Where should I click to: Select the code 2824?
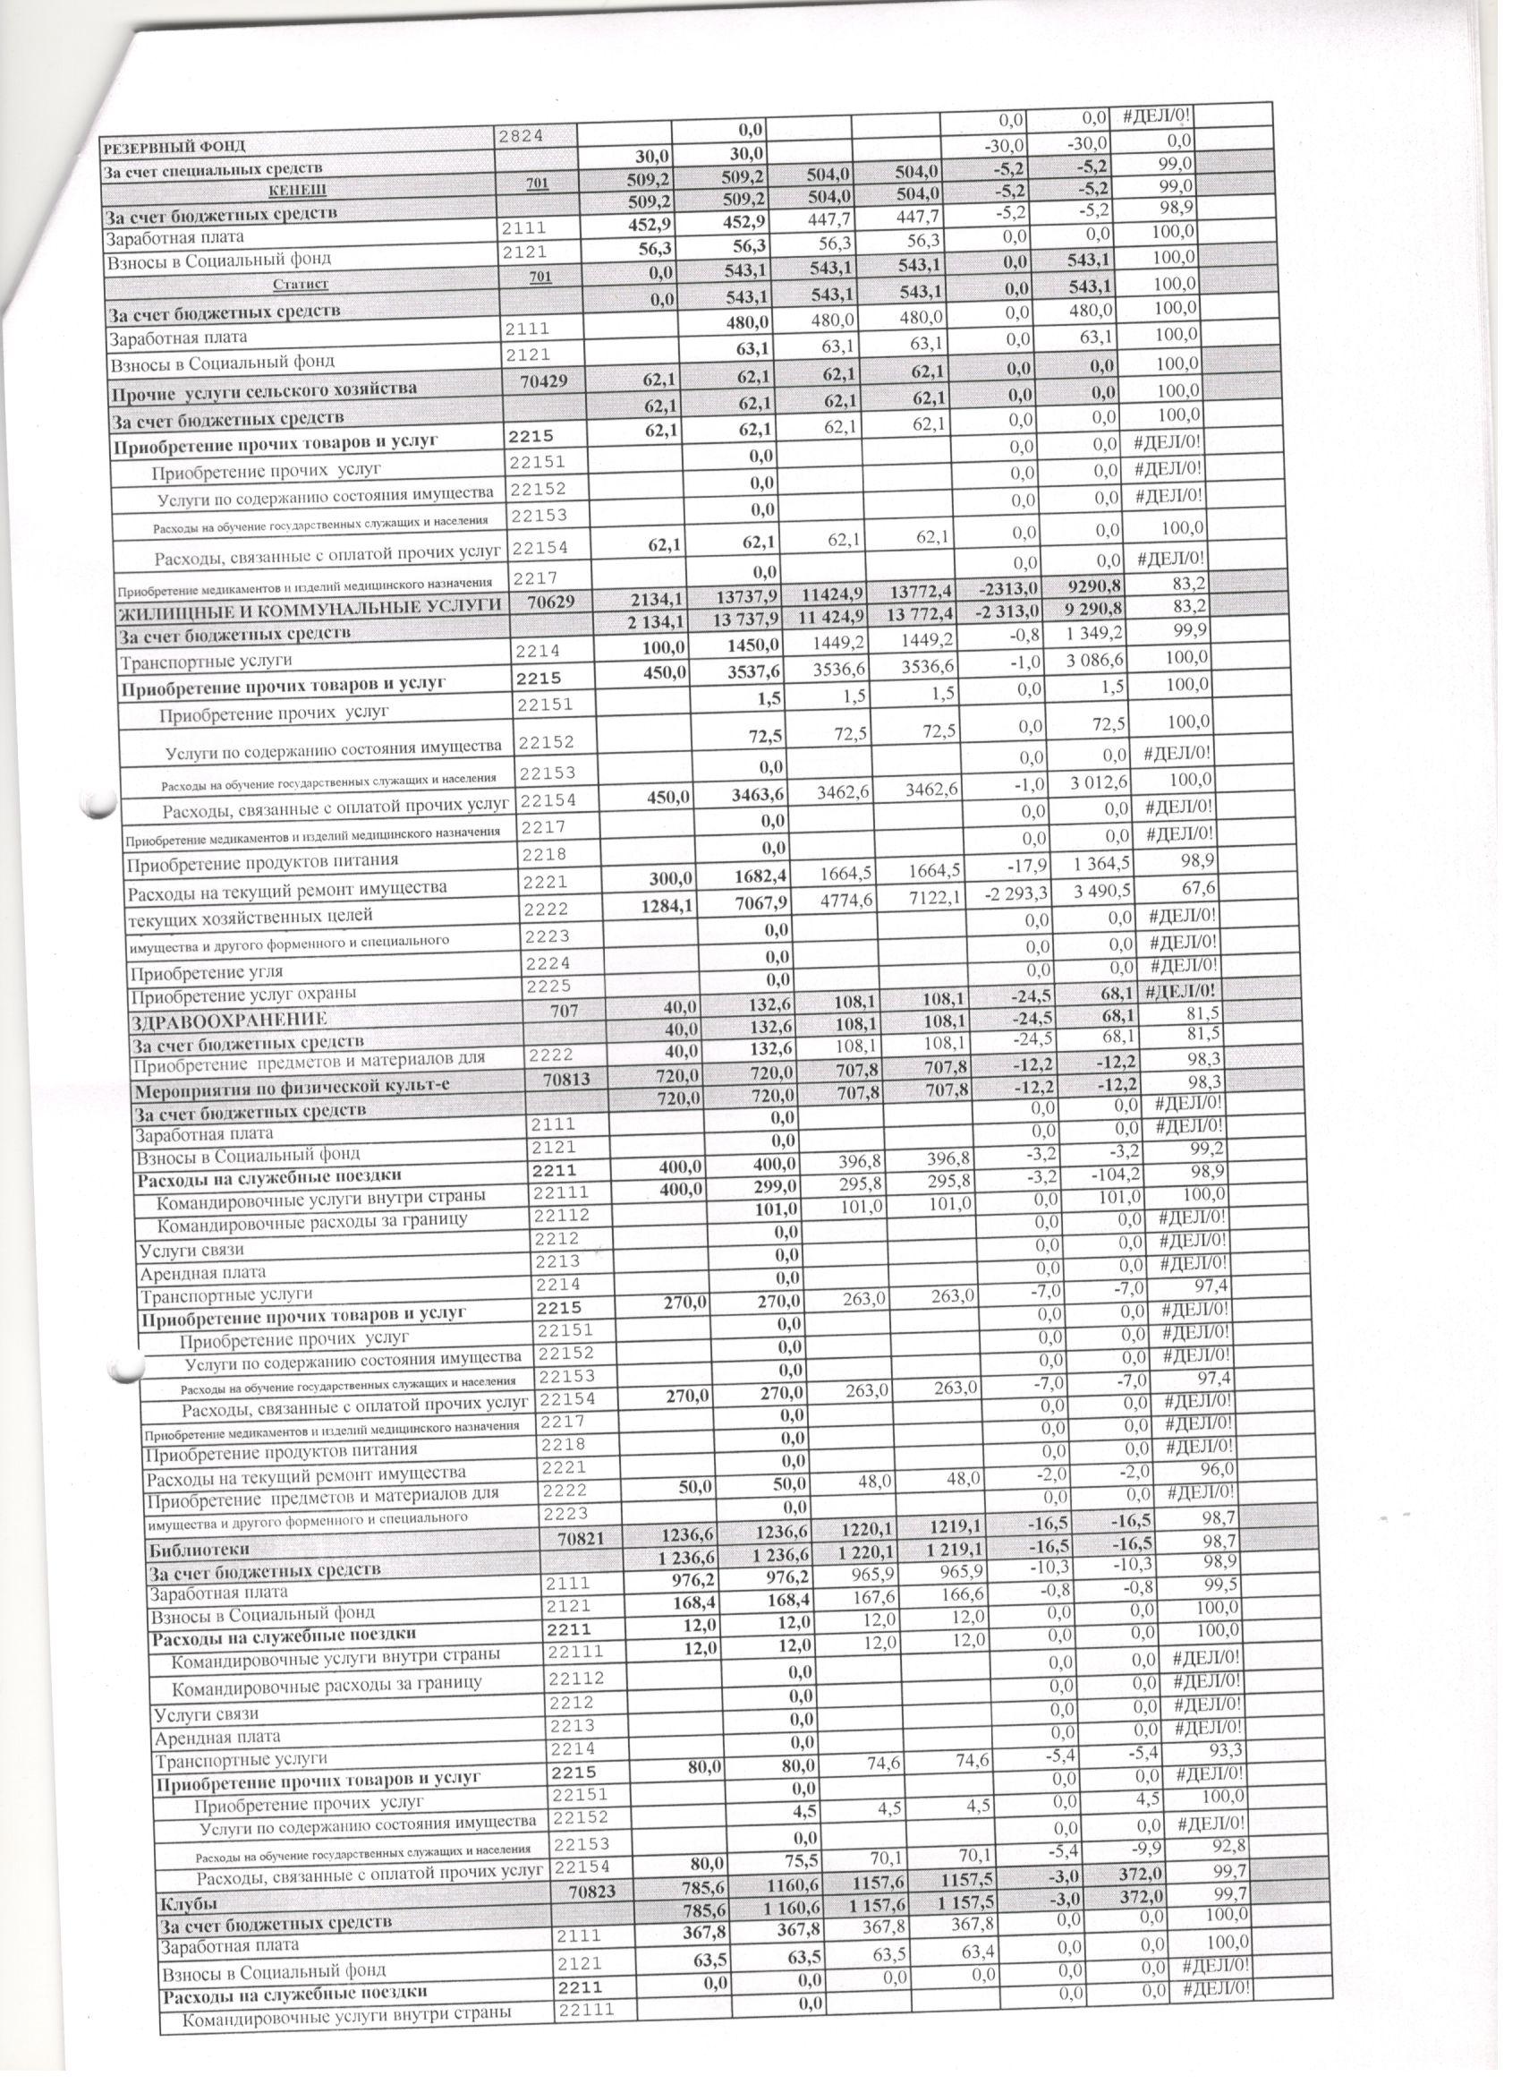(x=523, y=136)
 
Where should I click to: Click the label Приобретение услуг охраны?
(x=243, y=995)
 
